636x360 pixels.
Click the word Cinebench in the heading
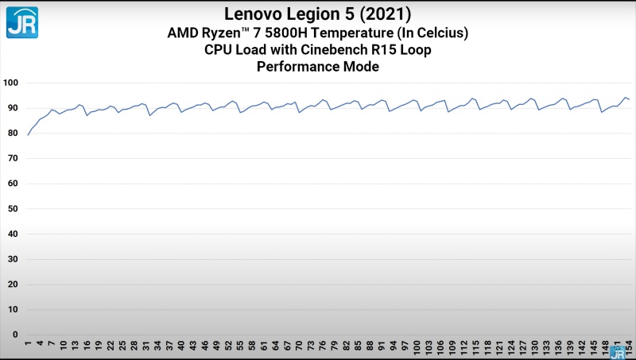coord(340,50)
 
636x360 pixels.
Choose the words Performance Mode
coord(317,68)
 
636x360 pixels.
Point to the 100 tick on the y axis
coord(11,83)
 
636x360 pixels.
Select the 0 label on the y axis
coord(15,335)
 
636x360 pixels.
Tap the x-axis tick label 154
coord(628,348)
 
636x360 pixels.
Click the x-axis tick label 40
coord(181,346)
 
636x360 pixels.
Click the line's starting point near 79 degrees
coord(28,135)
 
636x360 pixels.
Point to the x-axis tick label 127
coord(522,348)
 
